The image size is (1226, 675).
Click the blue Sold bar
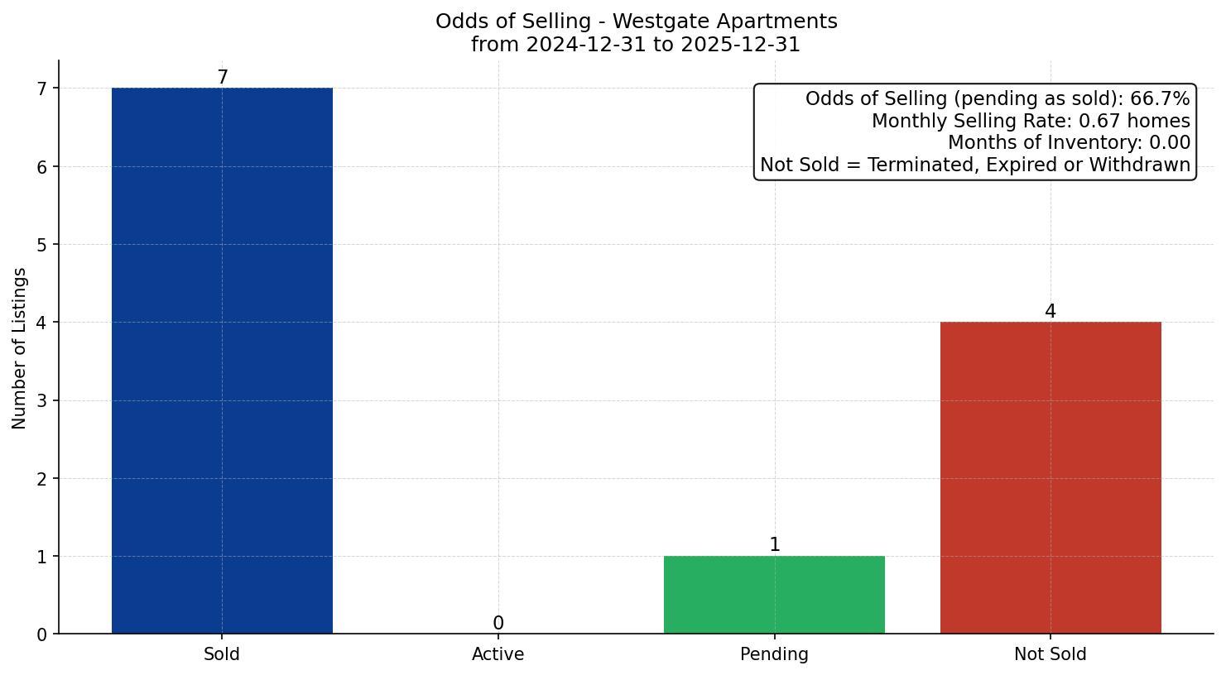coord(222,360)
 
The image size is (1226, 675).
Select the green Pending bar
coord(774,595)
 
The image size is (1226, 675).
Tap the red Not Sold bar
coord(1051,477)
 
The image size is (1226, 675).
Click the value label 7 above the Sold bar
coord(222,78)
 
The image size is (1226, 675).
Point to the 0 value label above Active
coord(498,624)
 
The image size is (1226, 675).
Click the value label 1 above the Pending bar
coord(774,545)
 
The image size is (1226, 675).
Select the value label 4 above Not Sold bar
coord(1051,312)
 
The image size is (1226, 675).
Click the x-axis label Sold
coord(222,654)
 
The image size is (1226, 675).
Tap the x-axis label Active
coord(498,654)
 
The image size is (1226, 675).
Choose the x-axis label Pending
coord(774,654)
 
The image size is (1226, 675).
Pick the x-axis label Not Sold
coord(1051,654)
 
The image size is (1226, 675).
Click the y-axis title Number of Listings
coord(20,347)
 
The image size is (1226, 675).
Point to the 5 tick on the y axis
coord(42,245)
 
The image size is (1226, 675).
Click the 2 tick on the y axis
coord(42,479)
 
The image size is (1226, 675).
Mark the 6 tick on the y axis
coord(42,167)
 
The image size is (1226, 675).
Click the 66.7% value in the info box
coord(1160,99)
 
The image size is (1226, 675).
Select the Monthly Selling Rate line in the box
coord(1031,122)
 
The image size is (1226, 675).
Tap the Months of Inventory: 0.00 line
coord(1069,143)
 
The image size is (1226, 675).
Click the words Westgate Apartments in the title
coord(724,22)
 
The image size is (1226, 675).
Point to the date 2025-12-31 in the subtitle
coord(740,45)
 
